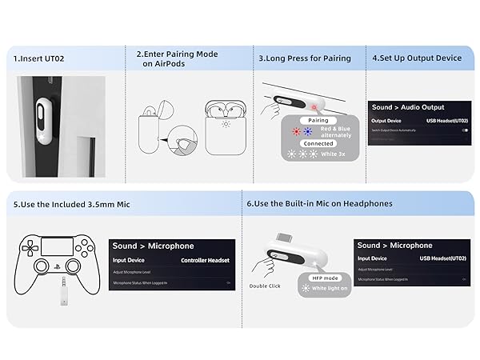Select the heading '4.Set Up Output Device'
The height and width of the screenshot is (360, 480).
[x=417, y=58]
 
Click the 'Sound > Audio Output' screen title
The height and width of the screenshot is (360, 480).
[x=408, y=107]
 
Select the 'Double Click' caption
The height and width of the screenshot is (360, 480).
[x=264, y=285]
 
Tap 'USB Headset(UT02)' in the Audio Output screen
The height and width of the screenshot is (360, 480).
[x=442, y=121]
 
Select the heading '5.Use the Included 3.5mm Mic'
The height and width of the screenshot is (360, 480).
[x=70, y=205]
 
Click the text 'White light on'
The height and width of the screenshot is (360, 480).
[x=329, y=288]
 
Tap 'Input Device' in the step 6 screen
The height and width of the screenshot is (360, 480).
[x=372, y=259]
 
